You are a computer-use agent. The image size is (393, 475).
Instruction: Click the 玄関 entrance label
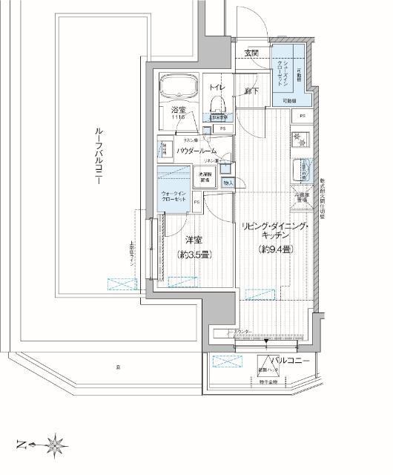[x=252, y=53]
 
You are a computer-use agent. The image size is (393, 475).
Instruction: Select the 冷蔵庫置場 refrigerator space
[x=303, y=197]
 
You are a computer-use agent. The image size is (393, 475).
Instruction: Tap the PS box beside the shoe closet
[x=302, y=115]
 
